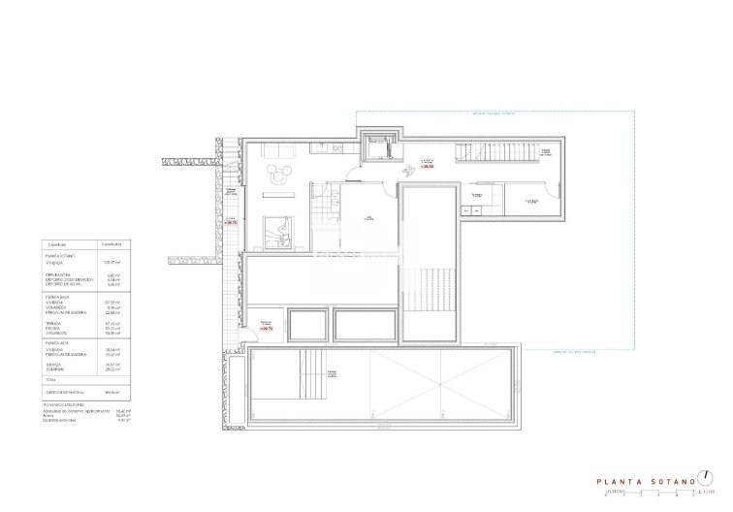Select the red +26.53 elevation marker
pos(426,166)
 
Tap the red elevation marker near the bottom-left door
pos(267,329)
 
